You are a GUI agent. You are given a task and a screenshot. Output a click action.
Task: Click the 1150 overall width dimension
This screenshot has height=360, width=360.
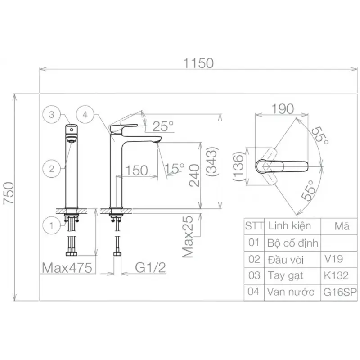click(x=198, y=63)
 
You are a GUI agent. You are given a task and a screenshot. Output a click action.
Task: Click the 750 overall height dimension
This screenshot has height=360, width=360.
click(x=9, y=193)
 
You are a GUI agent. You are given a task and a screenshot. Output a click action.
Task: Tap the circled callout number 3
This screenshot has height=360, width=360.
click(x=52, y=115)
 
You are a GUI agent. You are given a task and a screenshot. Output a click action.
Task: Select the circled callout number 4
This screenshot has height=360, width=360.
click(x=85, y=115)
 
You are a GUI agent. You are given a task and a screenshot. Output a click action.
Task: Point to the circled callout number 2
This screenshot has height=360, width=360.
click(x=52, y=169)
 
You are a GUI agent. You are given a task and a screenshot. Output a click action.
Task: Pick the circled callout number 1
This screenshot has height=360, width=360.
click(x=52, y=225)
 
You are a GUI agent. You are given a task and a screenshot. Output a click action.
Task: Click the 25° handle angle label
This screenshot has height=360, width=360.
click(x=163, y=126)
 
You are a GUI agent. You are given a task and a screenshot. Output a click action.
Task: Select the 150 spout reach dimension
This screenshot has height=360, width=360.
click(x=137, y=171)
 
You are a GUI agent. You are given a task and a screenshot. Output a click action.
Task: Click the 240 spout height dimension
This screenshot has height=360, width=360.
click(x=194, y=175)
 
